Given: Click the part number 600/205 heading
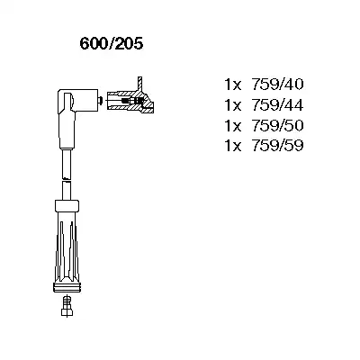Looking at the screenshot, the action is (x=112, y=44).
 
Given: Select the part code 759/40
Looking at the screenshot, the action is (x=277, y=85).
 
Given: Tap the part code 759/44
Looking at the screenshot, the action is (x=277, y=105).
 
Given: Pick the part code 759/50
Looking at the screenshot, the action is (x=277, y=125).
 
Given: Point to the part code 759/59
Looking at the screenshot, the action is (x=277, y=146).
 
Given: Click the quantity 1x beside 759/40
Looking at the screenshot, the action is (x=233, y=85).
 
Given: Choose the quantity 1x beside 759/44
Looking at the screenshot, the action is (x=233, y=105).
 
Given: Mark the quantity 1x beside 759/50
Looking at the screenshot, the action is (x=233, y=125).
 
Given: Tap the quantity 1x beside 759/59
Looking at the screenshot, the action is (x=233, y=146).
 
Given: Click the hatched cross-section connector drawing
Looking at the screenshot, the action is (x=130, y=101).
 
